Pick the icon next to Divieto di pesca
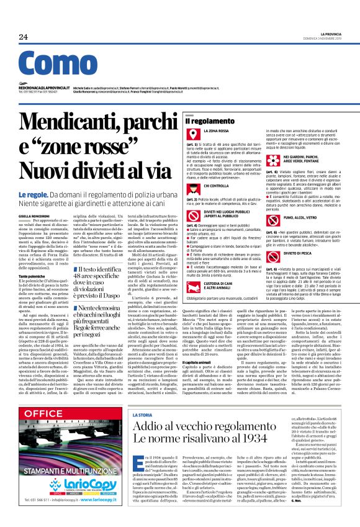282,236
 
